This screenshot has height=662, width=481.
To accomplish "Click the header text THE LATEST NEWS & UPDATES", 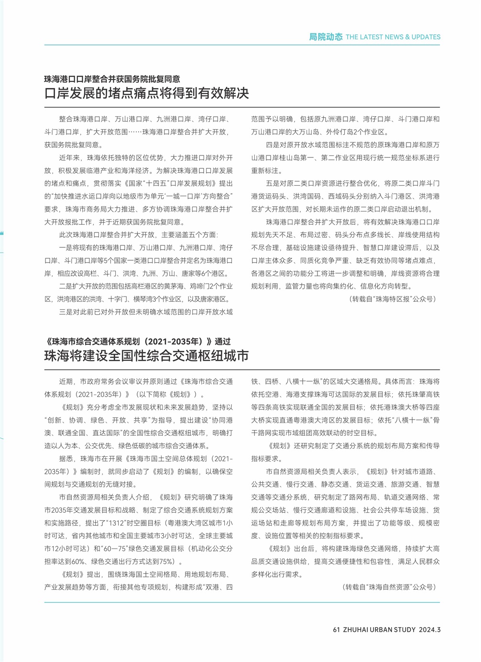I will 393,37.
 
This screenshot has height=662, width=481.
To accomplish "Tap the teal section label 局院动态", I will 326,37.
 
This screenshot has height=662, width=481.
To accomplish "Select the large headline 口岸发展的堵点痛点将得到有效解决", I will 147,93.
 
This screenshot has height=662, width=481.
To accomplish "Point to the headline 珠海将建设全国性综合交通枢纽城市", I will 147,356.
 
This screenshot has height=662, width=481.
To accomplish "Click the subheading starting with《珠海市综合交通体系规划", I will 138,342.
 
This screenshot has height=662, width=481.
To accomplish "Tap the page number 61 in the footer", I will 336,629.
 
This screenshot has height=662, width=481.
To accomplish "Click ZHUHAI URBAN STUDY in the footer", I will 379,629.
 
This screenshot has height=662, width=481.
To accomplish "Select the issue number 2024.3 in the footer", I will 429,629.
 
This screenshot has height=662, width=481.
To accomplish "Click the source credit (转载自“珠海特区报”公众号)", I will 393,299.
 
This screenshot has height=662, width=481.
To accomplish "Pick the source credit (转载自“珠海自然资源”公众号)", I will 389,587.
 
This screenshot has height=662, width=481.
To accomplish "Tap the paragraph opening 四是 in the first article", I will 345,157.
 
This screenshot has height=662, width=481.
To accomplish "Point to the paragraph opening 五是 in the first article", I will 345,196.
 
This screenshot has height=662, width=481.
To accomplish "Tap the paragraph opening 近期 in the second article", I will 139,388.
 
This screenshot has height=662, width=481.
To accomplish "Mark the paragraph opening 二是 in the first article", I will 139,293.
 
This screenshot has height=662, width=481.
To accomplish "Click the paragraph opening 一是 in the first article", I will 139,261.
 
